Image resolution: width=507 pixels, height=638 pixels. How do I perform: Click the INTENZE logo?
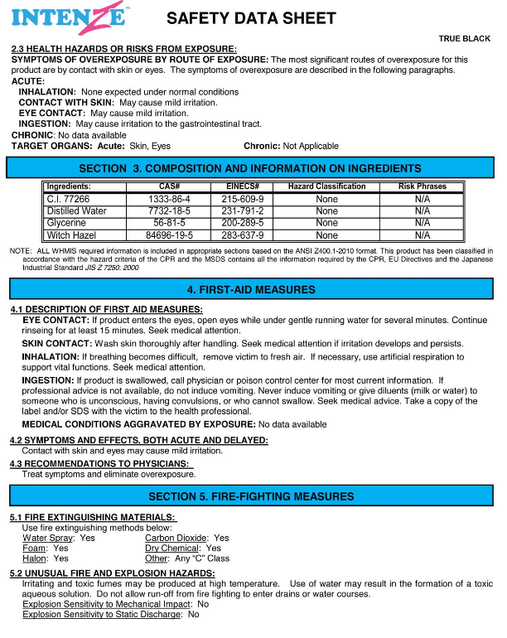[x=68, y=17]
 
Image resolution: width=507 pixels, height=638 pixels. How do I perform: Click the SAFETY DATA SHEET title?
[x=251, y=18]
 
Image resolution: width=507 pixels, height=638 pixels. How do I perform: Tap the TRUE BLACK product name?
[x=465, y=39]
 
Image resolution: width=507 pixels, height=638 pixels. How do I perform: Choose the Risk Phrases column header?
[x=422, y=186]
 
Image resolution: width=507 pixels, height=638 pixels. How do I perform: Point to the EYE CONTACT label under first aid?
[x=56, y=320]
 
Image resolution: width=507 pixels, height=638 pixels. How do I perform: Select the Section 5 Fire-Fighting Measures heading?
[x=251, y=496]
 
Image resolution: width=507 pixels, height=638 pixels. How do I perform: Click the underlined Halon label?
[x=34, y=558]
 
